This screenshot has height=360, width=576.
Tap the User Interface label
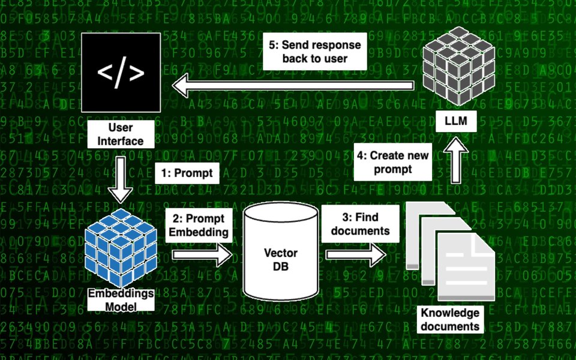[x=121, y=135]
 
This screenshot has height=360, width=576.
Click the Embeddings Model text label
[x=121, y=300]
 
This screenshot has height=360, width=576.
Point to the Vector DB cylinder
[x=281, y=252]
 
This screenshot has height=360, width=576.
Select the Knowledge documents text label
[x=450, y=320]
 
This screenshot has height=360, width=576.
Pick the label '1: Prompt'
[x=187, y=173]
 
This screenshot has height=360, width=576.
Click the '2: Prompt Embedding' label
[x=196, y=226]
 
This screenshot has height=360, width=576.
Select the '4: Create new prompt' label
[x=394, y=162]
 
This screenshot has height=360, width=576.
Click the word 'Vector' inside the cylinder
[x=281, y=253]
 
